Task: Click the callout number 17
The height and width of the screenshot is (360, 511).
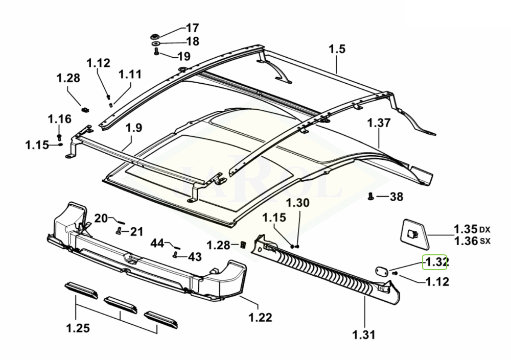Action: tap(193, 28)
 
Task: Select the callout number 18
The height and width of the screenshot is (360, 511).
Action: tap(193, 41)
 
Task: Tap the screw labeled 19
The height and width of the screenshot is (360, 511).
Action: tap(155, 52)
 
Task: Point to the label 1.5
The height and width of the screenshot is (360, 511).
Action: tap(337, 50)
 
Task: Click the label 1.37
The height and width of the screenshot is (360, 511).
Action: tap(379, 123)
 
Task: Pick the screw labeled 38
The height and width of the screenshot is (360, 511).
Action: tap(370, 196)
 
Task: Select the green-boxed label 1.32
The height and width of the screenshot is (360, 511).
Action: tap(434, 262)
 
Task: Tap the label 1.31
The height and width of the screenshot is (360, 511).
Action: tap(364, 335)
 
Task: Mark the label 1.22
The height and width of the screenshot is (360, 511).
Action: tap(261, 318)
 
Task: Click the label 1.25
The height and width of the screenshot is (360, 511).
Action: tap(78, 327)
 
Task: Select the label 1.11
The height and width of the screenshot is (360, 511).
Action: tap(130, 75)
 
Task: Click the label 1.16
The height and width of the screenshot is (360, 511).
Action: tap(60, 119)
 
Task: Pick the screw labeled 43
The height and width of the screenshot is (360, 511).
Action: tap(176, 253)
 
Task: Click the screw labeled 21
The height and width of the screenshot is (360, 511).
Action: tap(119, 231)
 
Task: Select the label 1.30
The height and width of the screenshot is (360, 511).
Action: tap(297, 202)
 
